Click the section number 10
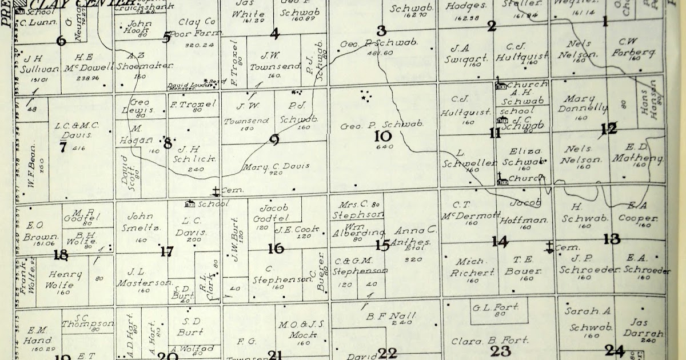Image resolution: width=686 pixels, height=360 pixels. [382, 136]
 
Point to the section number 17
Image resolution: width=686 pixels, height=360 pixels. [166, 251]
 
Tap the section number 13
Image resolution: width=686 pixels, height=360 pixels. [611, 239]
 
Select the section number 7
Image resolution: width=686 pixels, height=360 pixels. [63, 147]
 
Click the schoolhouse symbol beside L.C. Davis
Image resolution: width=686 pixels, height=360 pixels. [190, 203]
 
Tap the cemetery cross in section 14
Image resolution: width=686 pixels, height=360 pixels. [549, 247]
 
